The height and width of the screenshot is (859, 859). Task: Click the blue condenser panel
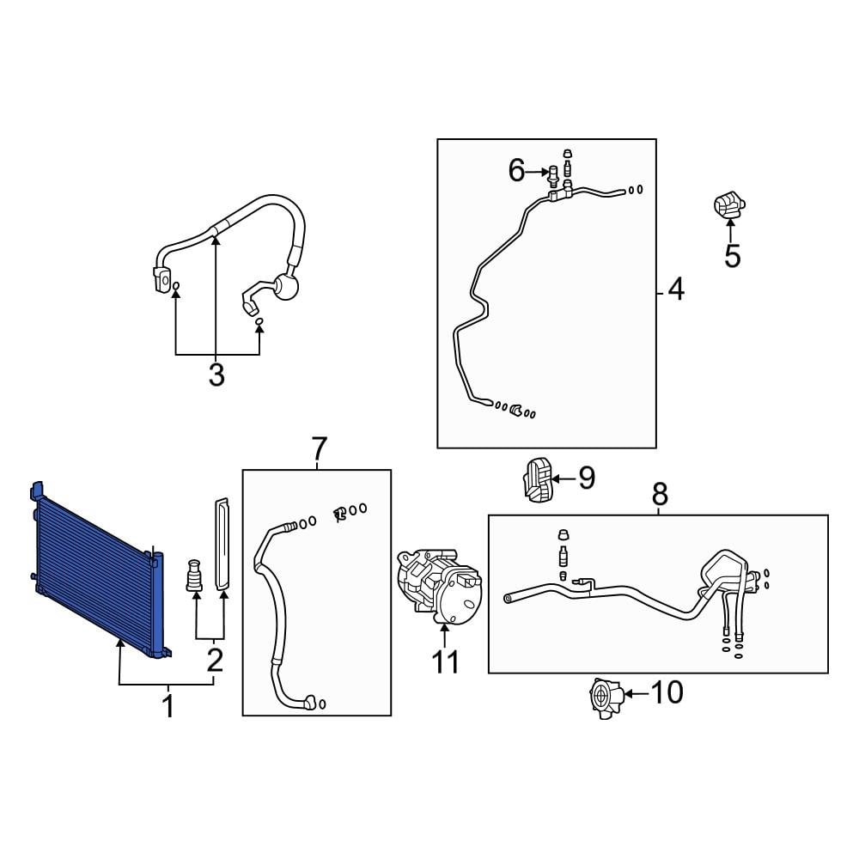(x=99, y=570)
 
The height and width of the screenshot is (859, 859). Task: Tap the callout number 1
(x=168, y=707)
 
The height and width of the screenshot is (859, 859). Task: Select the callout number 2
(x=215, y=660)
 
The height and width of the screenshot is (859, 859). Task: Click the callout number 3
(x=216, y=375)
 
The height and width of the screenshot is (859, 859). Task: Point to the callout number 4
(x=676, y=289)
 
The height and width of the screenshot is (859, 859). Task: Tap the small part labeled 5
(x=729, y=205)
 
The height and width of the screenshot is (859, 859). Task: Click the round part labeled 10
(x=605, y=698)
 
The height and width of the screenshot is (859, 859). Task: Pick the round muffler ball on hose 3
(x=287, y=285)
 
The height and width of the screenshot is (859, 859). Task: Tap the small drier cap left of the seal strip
(x=194, y=575)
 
